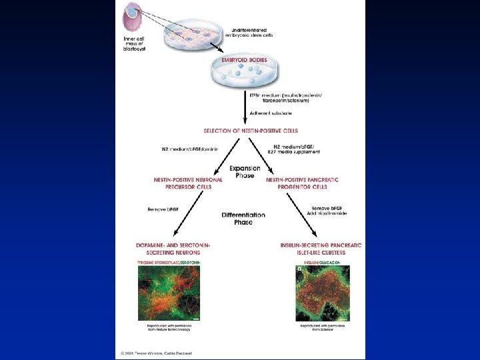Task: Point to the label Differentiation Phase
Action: coord(243,218)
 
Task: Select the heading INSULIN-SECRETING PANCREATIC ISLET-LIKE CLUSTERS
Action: coord(321,249)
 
